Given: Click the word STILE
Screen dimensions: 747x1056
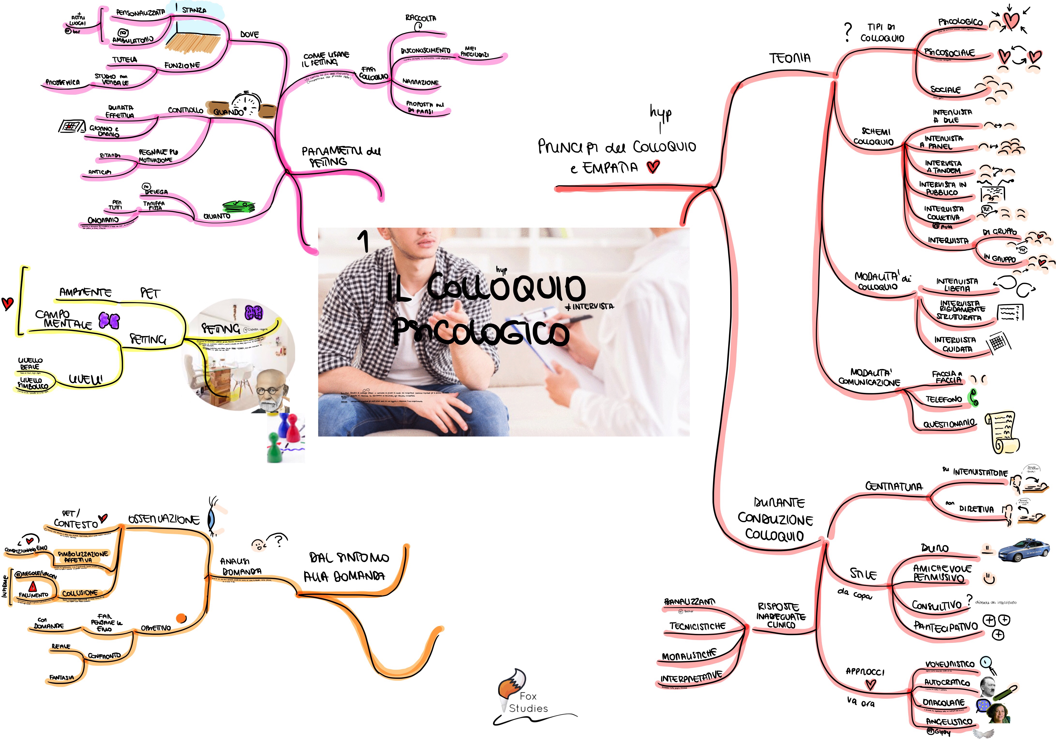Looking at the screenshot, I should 863,574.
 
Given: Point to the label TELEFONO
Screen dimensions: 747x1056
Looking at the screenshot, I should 944,399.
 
